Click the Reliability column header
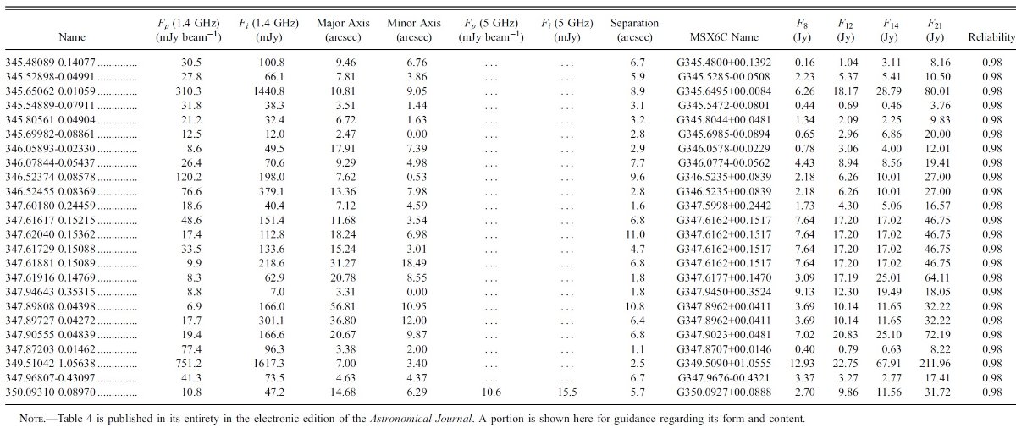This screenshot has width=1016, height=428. pos(991,37)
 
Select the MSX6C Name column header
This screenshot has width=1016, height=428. pos(724,37)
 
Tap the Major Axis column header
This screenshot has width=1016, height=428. pos(343,30)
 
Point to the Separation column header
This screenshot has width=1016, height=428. pos(634,30)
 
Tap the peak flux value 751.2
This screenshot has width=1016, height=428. pos(188,363)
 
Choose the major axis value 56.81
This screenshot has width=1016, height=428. pos(343,306)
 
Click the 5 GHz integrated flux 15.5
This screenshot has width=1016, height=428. pos(567,392)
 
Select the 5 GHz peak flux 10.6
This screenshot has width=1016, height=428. pos(491,392)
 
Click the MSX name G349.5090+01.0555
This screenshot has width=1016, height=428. pos(724,363)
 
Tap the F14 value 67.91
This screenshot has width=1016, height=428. pos(888,363)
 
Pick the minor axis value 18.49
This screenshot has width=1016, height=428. pos(414,263)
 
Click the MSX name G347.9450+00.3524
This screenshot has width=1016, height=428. pos(724,292)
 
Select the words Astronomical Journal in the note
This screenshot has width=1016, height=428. pos(421,419)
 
